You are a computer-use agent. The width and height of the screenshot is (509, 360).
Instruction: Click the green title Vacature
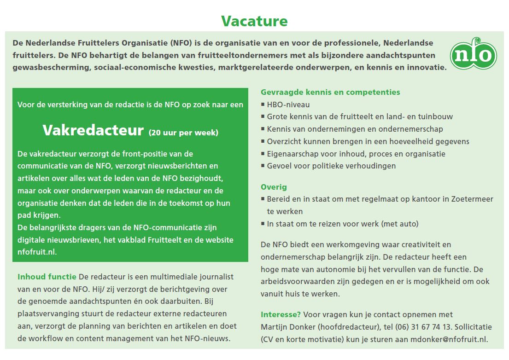(x=254, y=21)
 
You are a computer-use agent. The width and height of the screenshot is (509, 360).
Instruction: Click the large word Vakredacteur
(x=93, y=130)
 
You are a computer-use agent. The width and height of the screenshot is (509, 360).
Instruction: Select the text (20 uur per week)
(x=183, y=133)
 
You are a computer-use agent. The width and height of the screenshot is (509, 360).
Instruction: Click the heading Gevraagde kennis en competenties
(x=330, y=92)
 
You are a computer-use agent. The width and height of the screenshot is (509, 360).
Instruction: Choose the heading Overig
(x=274, y=187)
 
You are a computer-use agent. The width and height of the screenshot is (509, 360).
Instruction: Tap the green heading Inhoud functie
(x=47, y=277)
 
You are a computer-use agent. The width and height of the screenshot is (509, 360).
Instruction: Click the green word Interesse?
(x=281, y=314)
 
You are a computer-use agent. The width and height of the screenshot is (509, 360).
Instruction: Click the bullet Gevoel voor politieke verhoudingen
(x=331, y=166)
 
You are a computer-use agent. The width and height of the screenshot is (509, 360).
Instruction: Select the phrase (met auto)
(x=400, y=224)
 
